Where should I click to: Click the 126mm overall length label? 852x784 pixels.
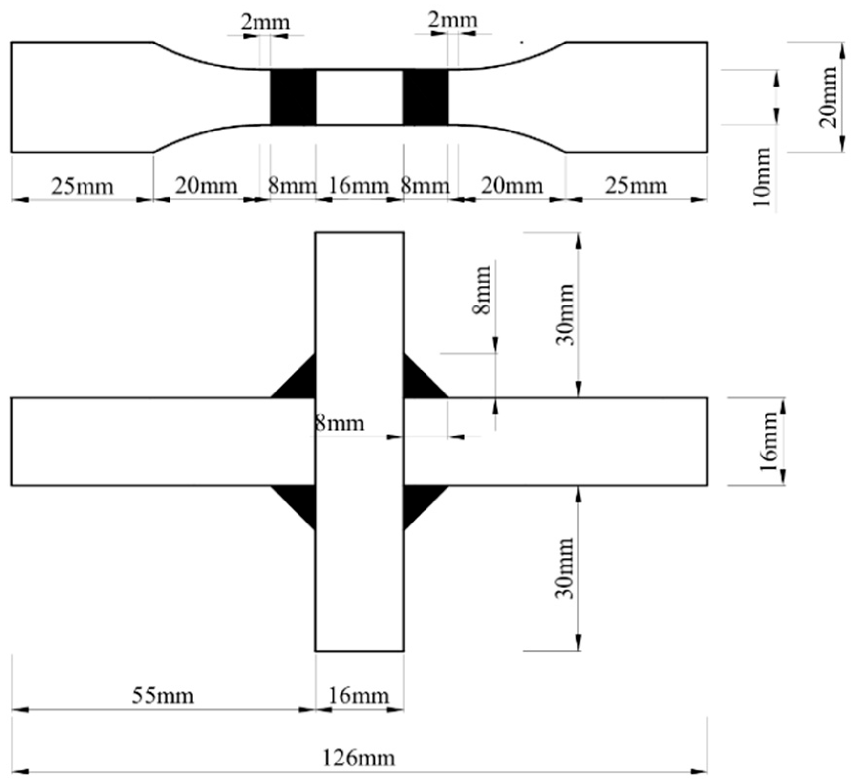[359, 758]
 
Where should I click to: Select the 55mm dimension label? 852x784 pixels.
[163, 695]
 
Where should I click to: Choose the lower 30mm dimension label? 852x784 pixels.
[565, 568]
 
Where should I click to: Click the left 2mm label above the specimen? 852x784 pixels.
[265, 22]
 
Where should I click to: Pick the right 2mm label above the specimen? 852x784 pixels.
[452, 21]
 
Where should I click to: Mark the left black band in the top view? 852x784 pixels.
[293, 97]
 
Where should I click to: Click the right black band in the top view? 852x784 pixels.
[425, 97]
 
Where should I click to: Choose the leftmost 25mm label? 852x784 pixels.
[82, 186]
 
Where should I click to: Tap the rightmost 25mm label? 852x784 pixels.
[636, 186]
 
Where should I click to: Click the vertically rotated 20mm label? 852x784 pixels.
[828, 97]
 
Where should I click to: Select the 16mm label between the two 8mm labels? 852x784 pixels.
[359, 186]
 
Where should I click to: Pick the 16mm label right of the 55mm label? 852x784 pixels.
[359, 695]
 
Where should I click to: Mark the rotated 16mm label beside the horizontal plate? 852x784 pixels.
[767, 441]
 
